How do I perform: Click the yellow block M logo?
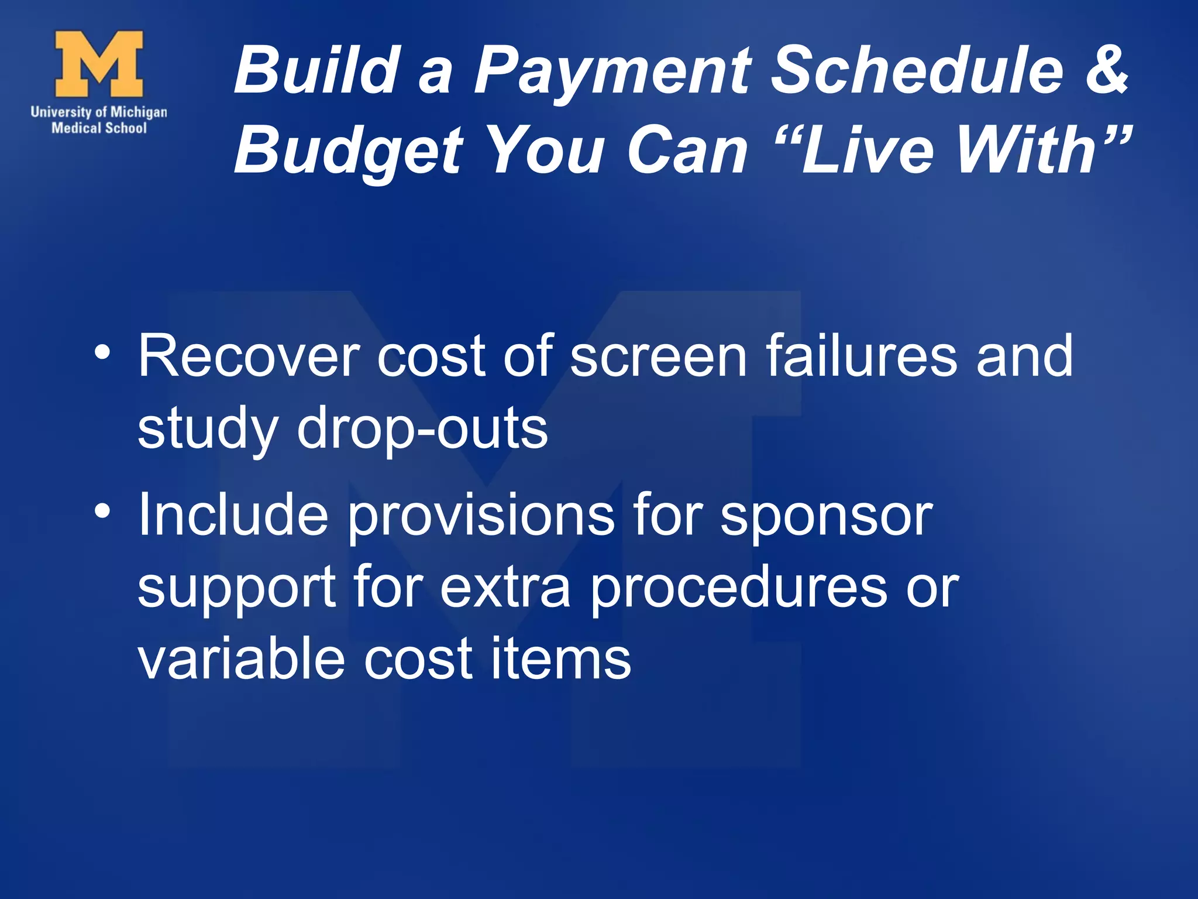[99, 64]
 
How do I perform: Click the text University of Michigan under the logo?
[99, 112]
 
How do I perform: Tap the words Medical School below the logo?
[99, 128]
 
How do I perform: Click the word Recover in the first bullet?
[249, 356]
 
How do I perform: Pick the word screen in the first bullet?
[658, 356]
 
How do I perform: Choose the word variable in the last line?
[240, 659]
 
